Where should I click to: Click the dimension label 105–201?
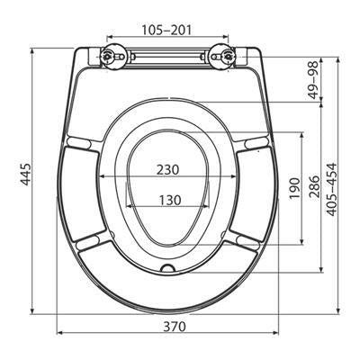tap(166, 30)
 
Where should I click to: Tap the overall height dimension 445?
tap(26, 175)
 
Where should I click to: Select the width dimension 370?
tap(175, 327)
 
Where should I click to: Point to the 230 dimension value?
tap(167, 170)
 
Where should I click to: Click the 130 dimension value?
tap(170, 200)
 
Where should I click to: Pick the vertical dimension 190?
tap(294, 188)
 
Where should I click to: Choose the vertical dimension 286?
tap(314, 186)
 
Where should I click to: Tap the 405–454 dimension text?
tap(332, 190)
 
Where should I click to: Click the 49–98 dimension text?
tap(314, 80)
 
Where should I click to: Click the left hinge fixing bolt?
tap(107, 56)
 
